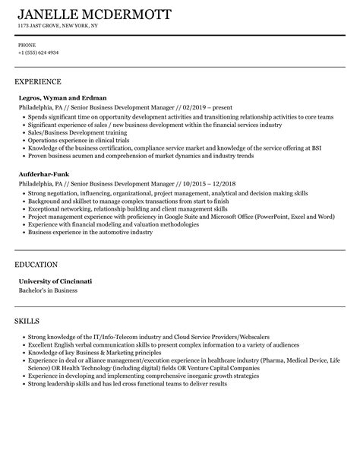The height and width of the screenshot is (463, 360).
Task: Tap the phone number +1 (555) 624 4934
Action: (x=38, y=52)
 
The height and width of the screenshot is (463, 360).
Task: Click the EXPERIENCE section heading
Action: (x=38, y=81)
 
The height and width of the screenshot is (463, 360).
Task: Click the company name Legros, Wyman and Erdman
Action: (x=62, y=97)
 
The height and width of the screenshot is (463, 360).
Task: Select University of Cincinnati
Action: (x=55, y=281)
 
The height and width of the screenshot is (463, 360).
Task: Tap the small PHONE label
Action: (x=27, y=45)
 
